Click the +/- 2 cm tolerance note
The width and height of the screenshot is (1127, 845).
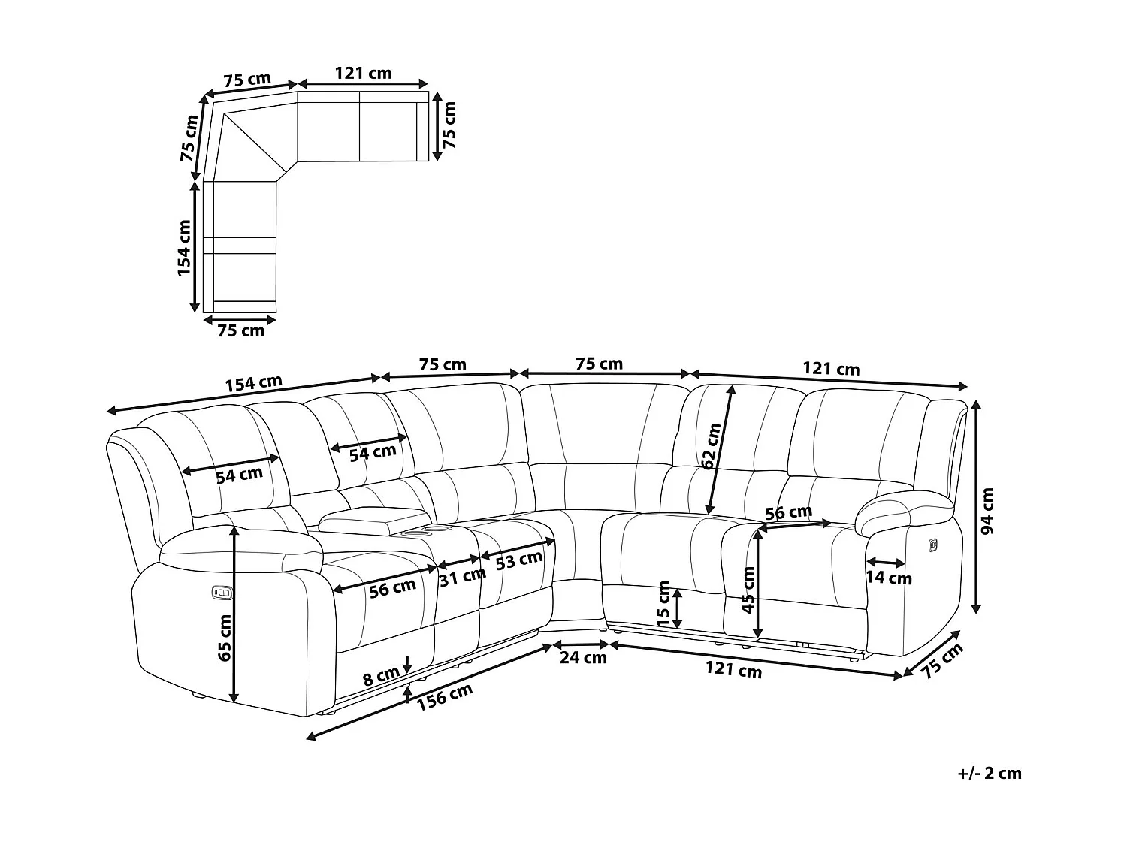point(990,773)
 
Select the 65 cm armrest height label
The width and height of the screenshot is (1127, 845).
point(224,638)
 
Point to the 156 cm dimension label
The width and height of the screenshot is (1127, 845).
point(446,696)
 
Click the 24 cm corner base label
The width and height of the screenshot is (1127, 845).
point(584,658)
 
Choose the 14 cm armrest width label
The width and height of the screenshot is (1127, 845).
point(889,578)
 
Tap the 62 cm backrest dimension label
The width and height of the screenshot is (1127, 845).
point(711,446)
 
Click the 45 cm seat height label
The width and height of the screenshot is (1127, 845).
point(748,590)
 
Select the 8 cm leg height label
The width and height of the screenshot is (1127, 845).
point(381,676)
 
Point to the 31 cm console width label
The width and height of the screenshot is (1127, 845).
point(462,577)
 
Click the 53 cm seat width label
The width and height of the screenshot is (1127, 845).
point(520,559)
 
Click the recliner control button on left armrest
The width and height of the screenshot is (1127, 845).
point(222,593)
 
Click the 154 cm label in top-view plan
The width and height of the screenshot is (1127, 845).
point(186,248)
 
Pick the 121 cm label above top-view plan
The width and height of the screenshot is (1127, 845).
point(363,73)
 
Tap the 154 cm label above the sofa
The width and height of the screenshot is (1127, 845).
point(253,383)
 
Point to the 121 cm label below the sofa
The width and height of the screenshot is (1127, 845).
point(735,669)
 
